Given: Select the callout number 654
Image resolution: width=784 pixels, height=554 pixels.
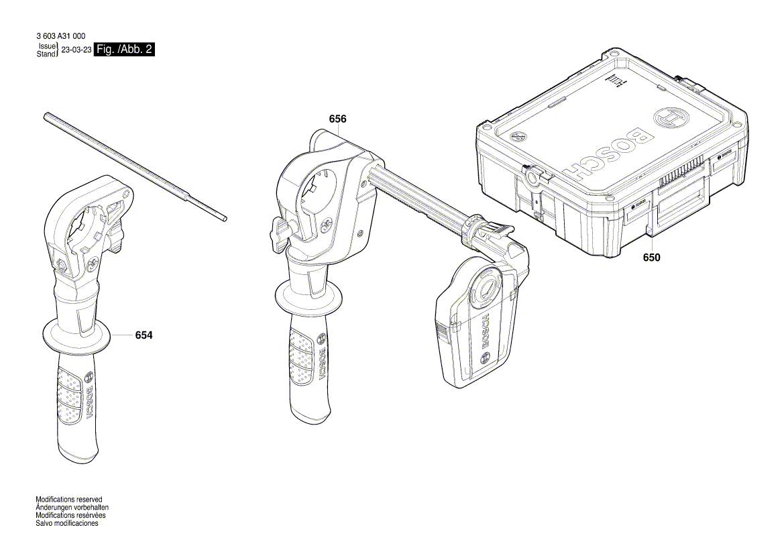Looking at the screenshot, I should coord(144,335).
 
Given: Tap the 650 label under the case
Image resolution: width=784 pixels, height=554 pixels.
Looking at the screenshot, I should coord(651,257).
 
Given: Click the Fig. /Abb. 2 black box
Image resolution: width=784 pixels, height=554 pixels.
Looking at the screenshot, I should coord(125,50).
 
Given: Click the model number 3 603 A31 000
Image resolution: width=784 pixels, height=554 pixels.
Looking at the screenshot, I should coord(60,36).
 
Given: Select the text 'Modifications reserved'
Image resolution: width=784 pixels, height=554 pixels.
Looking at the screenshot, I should coord(68,500).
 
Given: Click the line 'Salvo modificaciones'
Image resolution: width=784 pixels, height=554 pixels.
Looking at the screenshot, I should coord(67,523).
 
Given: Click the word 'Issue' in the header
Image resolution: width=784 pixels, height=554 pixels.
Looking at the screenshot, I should coord(46,46).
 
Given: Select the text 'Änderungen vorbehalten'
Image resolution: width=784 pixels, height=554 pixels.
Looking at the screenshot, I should coord(72,508).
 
